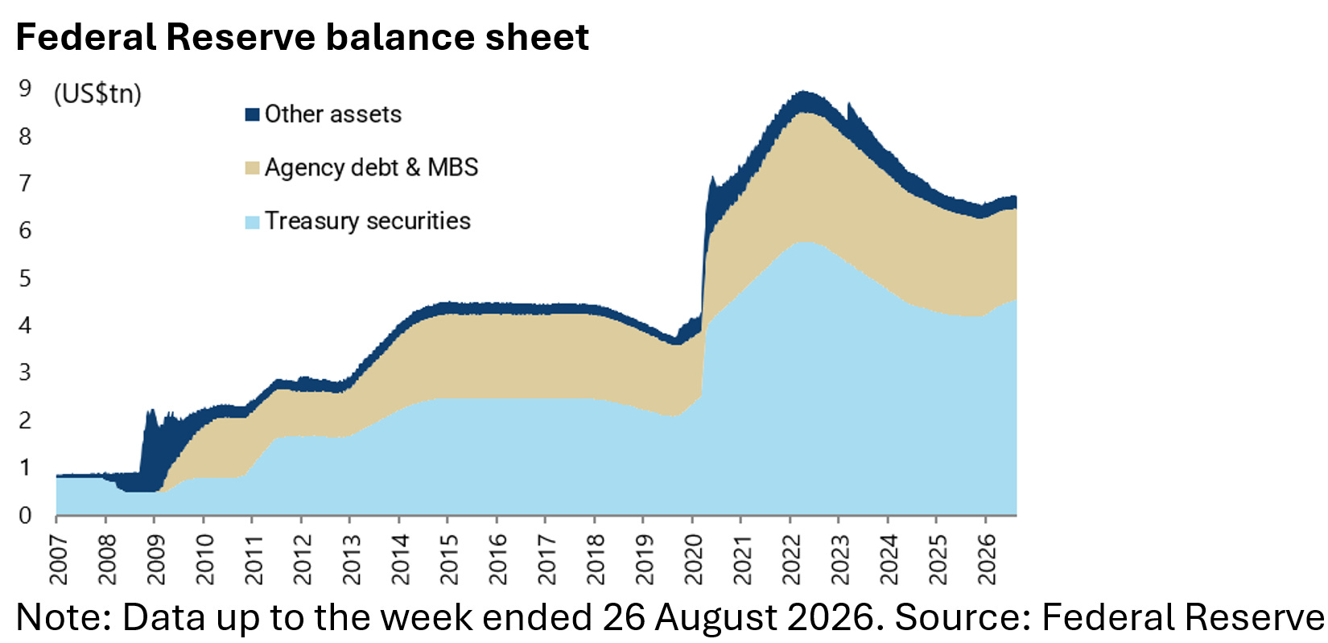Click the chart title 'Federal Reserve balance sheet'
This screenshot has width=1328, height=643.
(x=303, y=37)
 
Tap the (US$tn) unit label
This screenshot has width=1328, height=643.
(x=97, y=94)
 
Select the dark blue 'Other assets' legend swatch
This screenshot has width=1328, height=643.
(x=253, y=114)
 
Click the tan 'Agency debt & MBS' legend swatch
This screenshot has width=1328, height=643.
(x=253, y=167)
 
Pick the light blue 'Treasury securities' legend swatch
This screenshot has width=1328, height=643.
(x=253, y=221)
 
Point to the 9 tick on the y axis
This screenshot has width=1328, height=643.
(x=24, y=89)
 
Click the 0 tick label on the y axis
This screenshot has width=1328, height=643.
(x=24, y=516)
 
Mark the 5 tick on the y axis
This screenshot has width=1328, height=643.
(x=24, y=278)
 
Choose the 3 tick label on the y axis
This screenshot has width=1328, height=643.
(x=24, y=373)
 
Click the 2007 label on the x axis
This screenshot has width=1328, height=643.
(x=59, y=559)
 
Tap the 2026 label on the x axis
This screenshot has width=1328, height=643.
(x=988, y=559)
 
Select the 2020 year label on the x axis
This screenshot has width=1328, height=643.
(x=695, y=559)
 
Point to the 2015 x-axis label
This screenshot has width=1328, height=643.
(x=450, y=559)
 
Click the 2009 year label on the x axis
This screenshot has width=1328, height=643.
(x=156, y=559)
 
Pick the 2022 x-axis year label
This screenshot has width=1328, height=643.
(x=792, y=559)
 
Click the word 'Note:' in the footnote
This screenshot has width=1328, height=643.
(x=64, y=617)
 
